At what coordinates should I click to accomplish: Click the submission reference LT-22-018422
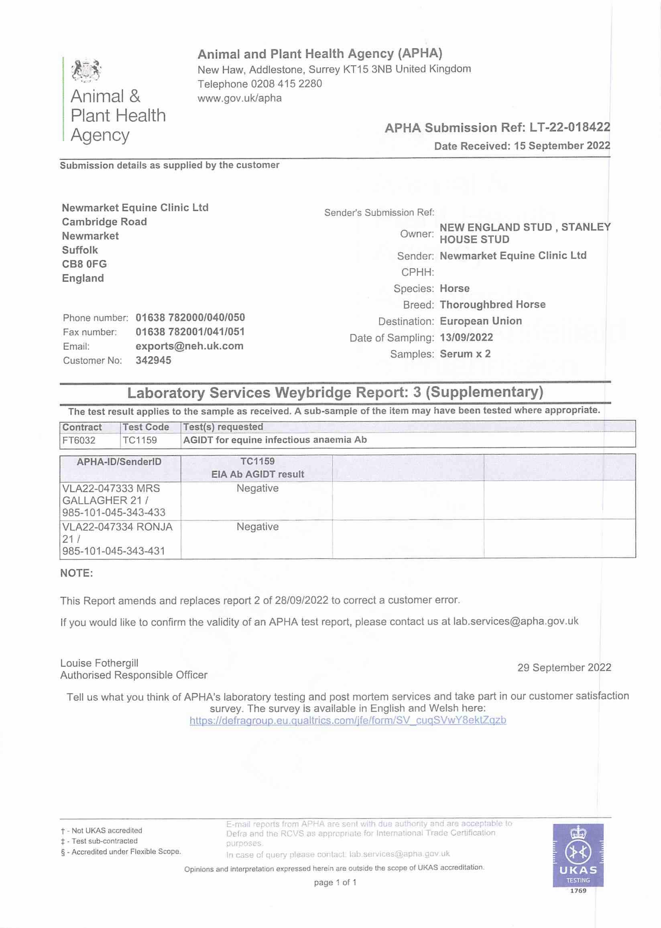[569, 127]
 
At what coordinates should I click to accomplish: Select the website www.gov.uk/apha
[239, 98]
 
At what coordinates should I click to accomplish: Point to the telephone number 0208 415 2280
[286, 84]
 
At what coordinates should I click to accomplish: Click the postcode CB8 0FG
[84, 264]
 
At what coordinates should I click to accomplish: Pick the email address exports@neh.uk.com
[189, 346]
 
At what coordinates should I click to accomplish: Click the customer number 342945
[153, 360]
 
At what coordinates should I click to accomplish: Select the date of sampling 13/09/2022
[466, 338]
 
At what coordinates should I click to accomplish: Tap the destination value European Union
[480, 321]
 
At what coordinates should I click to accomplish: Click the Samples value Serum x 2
[465, 354]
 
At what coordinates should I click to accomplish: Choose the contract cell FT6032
[79, 440]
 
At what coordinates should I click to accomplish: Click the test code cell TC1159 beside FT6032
[140, 440]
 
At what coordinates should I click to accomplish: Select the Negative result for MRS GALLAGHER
[257, 488]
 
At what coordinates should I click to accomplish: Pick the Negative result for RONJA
[257, 527]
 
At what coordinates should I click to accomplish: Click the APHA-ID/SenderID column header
[119, 462]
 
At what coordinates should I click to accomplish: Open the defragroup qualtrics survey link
[348, 720]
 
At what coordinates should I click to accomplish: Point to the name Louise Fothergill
[99, 663]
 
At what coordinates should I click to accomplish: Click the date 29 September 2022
[564, 668]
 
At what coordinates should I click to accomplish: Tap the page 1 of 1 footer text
[335, 882]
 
